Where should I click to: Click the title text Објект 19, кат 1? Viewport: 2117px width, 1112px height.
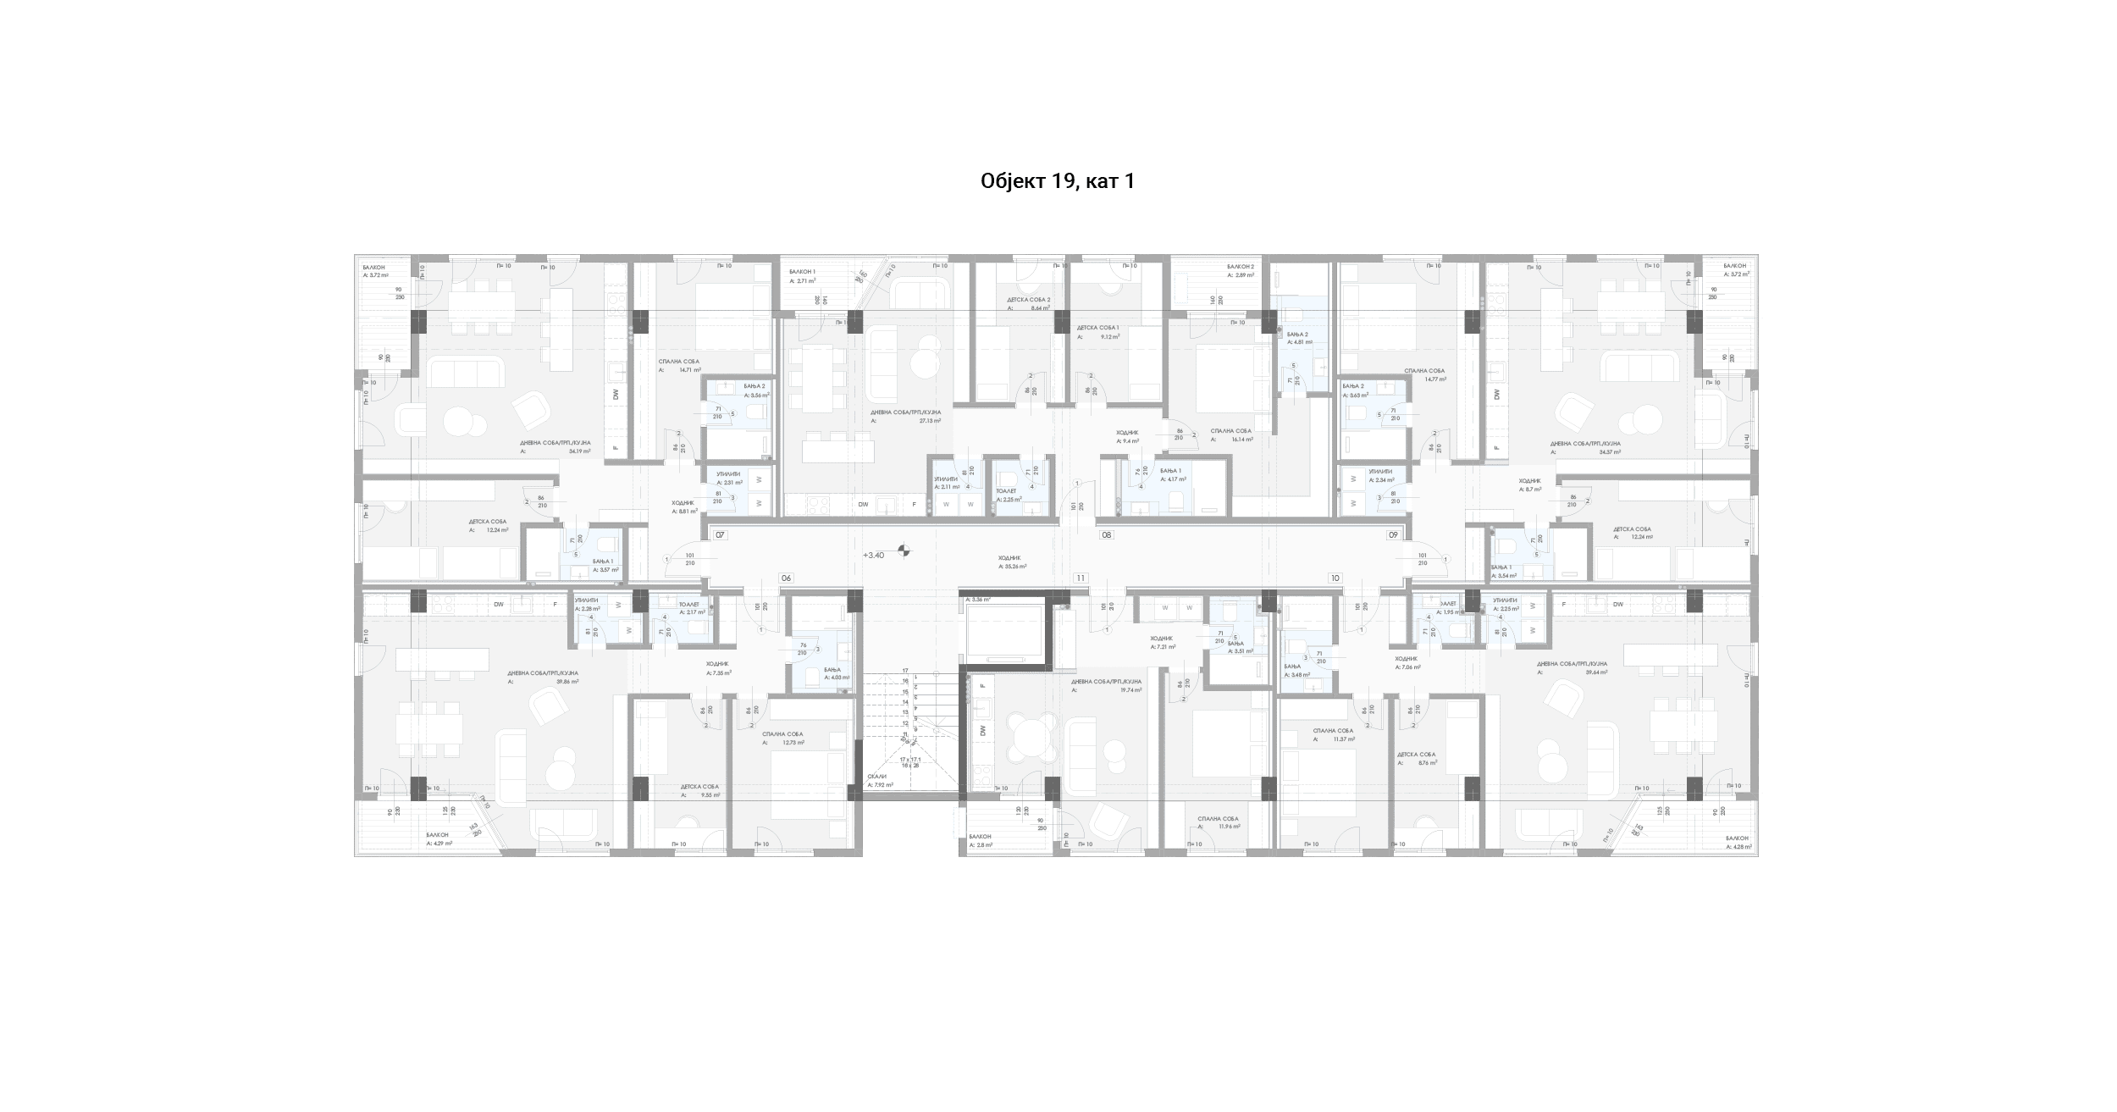[1057, 181]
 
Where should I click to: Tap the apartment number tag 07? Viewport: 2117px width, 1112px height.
[720, 535]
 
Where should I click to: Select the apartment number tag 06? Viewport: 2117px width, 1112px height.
[786, 578]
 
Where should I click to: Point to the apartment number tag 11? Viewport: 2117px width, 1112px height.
[1080, 578]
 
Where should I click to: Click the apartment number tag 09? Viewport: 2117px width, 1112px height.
[1392, 535]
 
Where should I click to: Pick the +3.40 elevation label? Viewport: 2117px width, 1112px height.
[873, 555]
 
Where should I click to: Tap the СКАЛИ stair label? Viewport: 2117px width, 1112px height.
[876, 777]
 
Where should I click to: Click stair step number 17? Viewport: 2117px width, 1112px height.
[904, 671]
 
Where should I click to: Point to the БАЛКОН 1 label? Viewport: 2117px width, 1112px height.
[801, 272]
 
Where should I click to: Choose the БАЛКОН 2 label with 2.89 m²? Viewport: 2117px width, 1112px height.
[1240, 267]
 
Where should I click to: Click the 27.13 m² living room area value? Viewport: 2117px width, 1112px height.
[930, 421]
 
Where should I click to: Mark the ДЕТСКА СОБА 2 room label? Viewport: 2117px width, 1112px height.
[1028, 300]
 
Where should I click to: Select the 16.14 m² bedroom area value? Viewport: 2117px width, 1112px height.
[1243, 440]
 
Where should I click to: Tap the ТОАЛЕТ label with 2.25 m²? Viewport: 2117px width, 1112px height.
[1007, 491]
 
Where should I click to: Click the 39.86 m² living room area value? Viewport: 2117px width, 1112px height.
[567, 681]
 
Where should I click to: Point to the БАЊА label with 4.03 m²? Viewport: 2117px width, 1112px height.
[809, 669]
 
